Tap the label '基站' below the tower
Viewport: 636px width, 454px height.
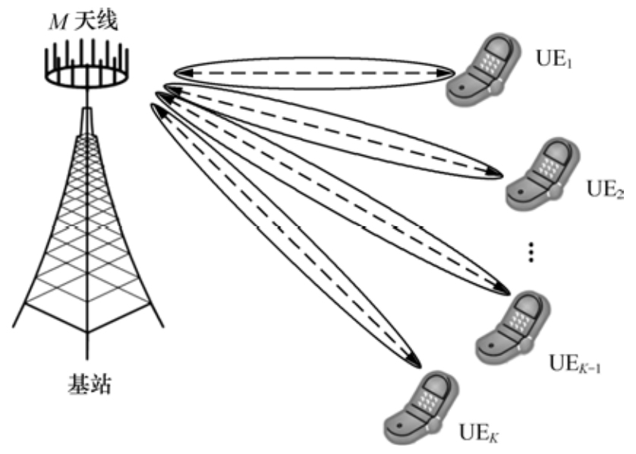pos(86,385)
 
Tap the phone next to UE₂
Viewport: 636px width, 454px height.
pos(543,172)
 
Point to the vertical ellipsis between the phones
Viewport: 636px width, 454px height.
pos(531,253)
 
